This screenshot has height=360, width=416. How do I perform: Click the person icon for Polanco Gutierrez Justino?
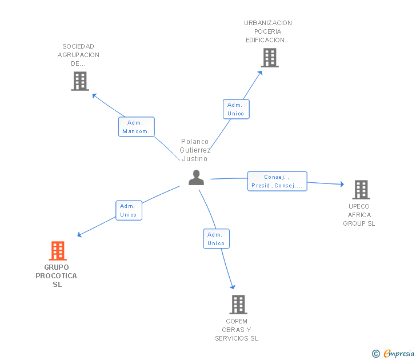(x=197, y=178)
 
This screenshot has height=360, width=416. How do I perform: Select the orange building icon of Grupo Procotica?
(x=58, y=251)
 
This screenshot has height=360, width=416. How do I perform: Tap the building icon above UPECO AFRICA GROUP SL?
(x=361, y=190)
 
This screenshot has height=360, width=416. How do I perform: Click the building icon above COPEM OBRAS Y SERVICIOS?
(x=238, y=305)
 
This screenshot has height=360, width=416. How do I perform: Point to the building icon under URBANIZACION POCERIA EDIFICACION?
(x=270, y=58)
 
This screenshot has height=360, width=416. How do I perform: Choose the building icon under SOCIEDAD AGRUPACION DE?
(x=80, y=81)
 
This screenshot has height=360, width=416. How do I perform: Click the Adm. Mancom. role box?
(x=137, y=127)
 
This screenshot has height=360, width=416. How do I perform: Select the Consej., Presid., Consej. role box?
(x=277, y=181)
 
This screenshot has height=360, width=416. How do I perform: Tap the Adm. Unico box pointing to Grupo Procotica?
(x=129, y=210)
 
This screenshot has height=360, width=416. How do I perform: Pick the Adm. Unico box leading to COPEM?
(x=216, y=239)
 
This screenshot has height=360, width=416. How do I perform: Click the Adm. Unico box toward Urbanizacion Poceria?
(x=236, y=109)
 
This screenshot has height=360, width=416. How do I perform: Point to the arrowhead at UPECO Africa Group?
(x=342, y=184)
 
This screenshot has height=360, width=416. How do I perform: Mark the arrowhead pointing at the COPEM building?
(x=233, y=287)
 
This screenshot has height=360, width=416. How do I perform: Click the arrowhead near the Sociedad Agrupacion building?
(x=94, y=95)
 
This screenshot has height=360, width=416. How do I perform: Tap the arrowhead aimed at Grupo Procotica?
(x=79, y=234)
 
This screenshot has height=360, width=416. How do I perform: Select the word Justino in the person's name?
(x=195, y=159)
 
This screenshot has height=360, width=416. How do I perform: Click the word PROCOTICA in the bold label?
(x=56, y=276)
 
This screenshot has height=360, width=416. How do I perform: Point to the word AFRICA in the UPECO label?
(x=359, y=215)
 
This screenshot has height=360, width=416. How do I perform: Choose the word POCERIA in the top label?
(x=267, y=31)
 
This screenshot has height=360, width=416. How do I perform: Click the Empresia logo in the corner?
(x=393, y=353)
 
